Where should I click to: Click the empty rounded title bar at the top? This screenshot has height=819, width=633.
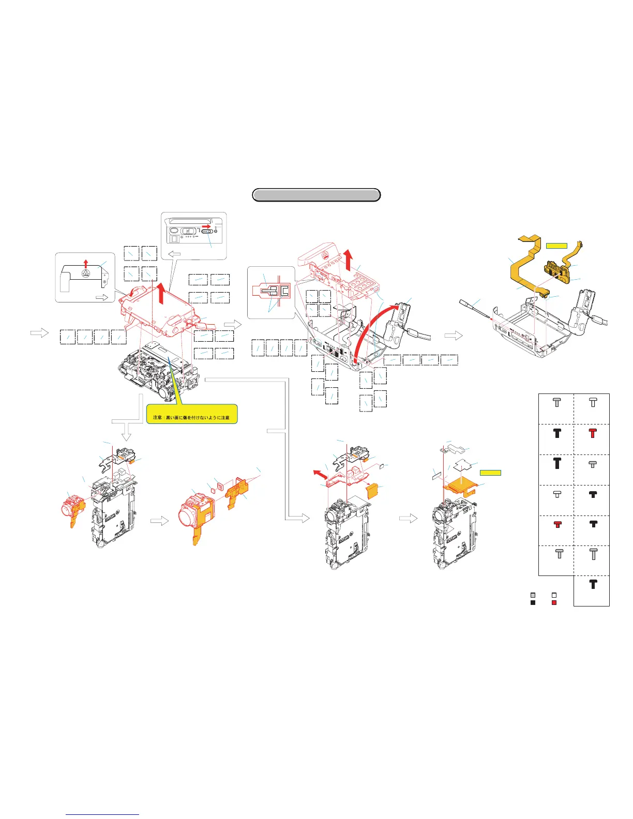(316, 195)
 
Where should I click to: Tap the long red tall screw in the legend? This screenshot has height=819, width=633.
(593, 433)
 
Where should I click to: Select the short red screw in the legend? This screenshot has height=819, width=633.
(557, 524)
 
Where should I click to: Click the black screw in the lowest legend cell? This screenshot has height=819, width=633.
(593, 584)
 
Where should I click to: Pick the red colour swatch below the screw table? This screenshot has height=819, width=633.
(554, 602)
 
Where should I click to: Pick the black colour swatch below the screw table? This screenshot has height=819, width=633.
(533, 602)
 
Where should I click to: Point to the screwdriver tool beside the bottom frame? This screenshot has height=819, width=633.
(473, 308)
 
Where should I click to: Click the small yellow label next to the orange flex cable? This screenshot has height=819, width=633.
(556, 245)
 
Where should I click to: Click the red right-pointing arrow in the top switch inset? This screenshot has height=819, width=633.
(206, 226)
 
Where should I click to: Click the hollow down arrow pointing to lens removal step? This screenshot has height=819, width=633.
(126, 430)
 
